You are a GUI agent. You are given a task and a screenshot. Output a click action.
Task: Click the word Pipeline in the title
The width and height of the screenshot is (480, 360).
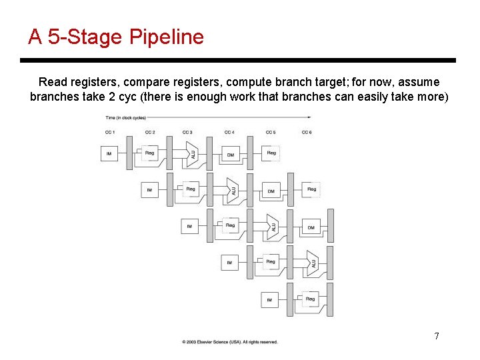pos(167,37)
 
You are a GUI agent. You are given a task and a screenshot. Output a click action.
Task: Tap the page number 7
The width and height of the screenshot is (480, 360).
pos(437,336)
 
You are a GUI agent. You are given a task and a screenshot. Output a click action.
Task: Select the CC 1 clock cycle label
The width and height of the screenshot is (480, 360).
pos(110,132)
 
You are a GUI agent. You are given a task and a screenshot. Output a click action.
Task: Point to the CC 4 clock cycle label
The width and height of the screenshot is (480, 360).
pos(229,132)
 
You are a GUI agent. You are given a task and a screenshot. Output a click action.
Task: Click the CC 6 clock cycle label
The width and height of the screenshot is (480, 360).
pos(307,132)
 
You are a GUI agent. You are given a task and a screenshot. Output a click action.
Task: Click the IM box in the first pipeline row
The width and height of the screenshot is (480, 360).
pos(109,154)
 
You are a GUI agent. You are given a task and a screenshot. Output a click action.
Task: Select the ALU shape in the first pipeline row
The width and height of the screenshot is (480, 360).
pos(191,154)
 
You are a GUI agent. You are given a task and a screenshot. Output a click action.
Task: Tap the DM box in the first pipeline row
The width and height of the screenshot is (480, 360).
pos(231,154)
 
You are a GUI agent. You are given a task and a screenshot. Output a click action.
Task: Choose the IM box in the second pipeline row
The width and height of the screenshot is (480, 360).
pos(149,191)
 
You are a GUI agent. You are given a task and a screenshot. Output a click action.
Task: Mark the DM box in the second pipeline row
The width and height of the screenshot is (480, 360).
pos(271,191)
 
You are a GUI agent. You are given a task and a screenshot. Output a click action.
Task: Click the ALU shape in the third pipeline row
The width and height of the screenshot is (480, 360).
pos(271,227)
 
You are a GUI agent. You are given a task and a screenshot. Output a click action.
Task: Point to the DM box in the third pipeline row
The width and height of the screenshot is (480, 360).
pos(311,227)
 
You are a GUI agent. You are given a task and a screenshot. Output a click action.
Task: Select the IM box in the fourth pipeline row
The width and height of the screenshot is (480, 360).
pos(229,263)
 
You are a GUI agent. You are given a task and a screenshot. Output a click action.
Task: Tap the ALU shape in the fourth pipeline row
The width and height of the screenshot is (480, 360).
pos(311,263)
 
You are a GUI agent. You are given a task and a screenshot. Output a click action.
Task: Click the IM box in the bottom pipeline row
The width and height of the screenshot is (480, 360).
pos(269,299)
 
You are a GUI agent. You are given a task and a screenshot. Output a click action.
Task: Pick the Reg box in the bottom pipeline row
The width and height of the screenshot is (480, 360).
pos(310,299)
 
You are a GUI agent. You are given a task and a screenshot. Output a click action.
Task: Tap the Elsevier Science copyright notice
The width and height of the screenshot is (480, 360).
pos(230,342)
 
